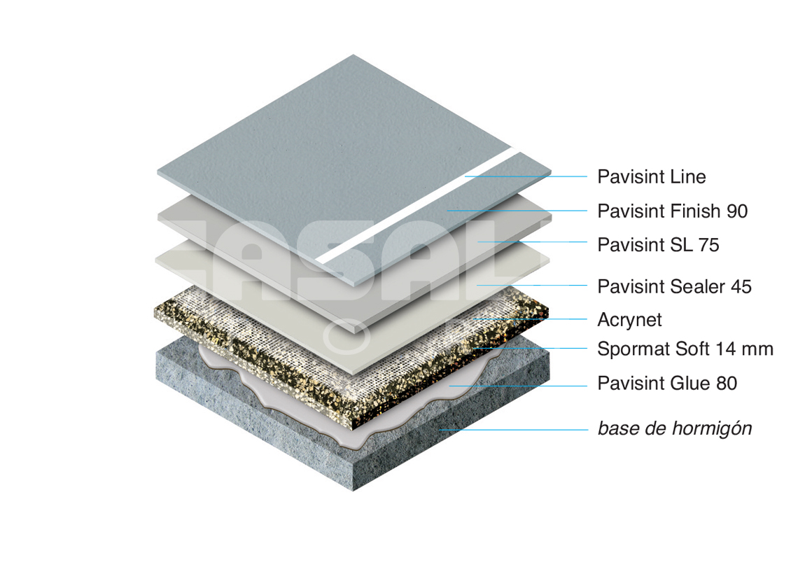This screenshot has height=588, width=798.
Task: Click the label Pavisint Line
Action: click(x=652, y=176)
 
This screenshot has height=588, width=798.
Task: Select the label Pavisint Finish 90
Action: click(x=672, y=211)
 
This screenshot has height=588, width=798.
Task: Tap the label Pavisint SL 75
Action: click(x=658, y=245)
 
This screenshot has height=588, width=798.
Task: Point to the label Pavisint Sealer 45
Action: click(x=674, y=286)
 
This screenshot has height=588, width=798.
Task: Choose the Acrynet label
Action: click(x=629, y=320)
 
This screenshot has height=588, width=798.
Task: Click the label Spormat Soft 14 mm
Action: click(x=685, y=349)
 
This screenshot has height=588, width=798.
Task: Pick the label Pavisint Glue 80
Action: click(x=667, y=384)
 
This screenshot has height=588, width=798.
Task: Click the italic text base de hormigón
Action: click(x=675, y=428)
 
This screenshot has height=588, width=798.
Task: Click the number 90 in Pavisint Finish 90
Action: click(x=737, y=211)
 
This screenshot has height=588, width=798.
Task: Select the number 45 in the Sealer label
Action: click(x=741, y=286)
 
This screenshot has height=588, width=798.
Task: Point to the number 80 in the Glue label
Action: click(x=727, y=384)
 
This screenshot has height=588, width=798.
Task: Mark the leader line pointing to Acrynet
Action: click(x=529, y=319)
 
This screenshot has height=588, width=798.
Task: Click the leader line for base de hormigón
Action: click(x=514, y=430)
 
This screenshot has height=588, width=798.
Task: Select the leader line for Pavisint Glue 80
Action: click(x=518, y=386)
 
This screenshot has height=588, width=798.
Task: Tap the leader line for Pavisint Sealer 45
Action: click(x=532, y=285)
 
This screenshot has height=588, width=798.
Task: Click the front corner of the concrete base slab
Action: click(x=353, y=490)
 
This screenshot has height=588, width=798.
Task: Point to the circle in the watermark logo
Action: click(x=346, y=337)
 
